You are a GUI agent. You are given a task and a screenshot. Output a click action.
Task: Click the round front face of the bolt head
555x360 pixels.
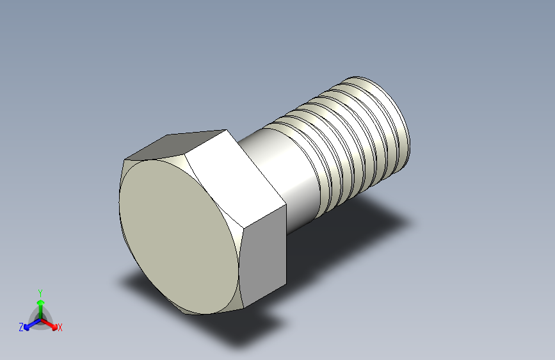179,234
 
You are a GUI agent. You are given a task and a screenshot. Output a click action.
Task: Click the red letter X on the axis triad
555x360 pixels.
60,328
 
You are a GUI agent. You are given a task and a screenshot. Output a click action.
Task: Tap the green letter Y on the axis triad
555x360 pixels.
40,292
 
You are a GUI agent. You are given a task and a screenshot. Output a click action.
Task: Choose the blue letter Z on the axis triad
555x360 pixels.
21,327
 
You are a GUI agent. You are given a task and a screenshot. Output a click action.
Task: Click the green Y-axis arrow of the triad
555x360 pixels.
40,306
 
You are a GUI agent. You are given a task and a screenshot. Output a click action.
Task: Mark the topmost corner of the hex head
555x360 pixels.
227,130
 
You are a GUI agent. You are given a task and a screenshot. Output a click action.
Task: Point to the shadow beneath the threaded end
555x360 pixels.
378,211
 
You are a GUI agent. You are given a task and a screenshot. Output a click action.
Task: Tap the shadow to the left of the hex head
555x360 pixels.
128,282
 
